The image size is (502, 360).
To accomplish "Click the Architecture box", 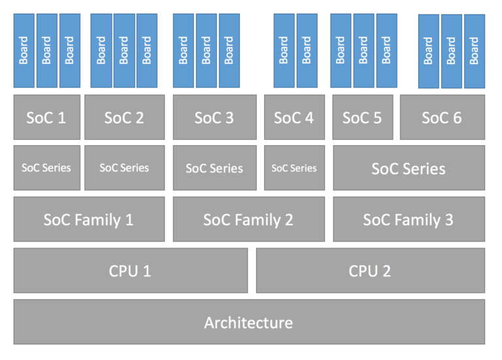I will [249, 321].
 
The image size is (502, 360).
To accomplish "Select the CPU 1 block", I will [130, 270].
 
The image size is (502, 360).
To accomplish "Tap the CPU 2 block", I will [370, 270].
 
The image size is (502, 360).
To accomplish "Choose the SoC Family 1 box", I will [89, 220].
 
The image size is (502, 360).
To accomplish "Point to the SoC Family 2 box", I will [248, 220].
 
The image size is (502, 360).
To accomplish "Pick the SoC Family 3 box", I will [409, 220].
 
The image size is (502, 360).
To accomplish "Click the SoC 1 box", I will [46, 118].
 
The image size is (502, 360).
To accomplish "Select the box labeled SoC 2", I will [124, 118].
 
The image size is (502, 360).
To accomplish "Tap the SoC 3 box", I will [214, 118].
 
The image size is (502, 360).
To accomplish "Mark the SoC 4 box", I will [294, 118].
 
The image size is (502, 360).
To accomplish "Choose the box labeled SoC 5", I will [363, 118].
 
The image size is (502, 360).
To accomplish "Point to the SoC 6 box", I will [442, 118].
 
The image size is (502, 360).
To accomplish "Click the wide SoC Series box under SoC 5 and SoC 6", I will [409, 169].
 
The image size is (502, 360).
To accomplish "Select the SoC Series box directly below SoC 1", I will [46, 168].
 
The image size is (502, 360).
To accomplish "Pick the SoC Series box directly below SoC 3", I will [214, 169].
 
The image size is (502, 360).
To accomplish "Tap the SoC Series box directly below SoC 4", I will [294, 168].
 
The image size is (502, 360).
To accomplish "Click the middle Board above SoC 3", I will [206, 50].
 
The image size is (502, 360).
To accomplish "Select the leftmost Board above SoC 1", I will [24, 50].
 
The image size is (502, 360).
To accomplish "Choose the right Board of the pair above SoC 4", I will [307, 50].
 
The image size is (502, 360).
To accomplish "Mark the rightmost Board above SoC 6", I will [475, 51].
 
